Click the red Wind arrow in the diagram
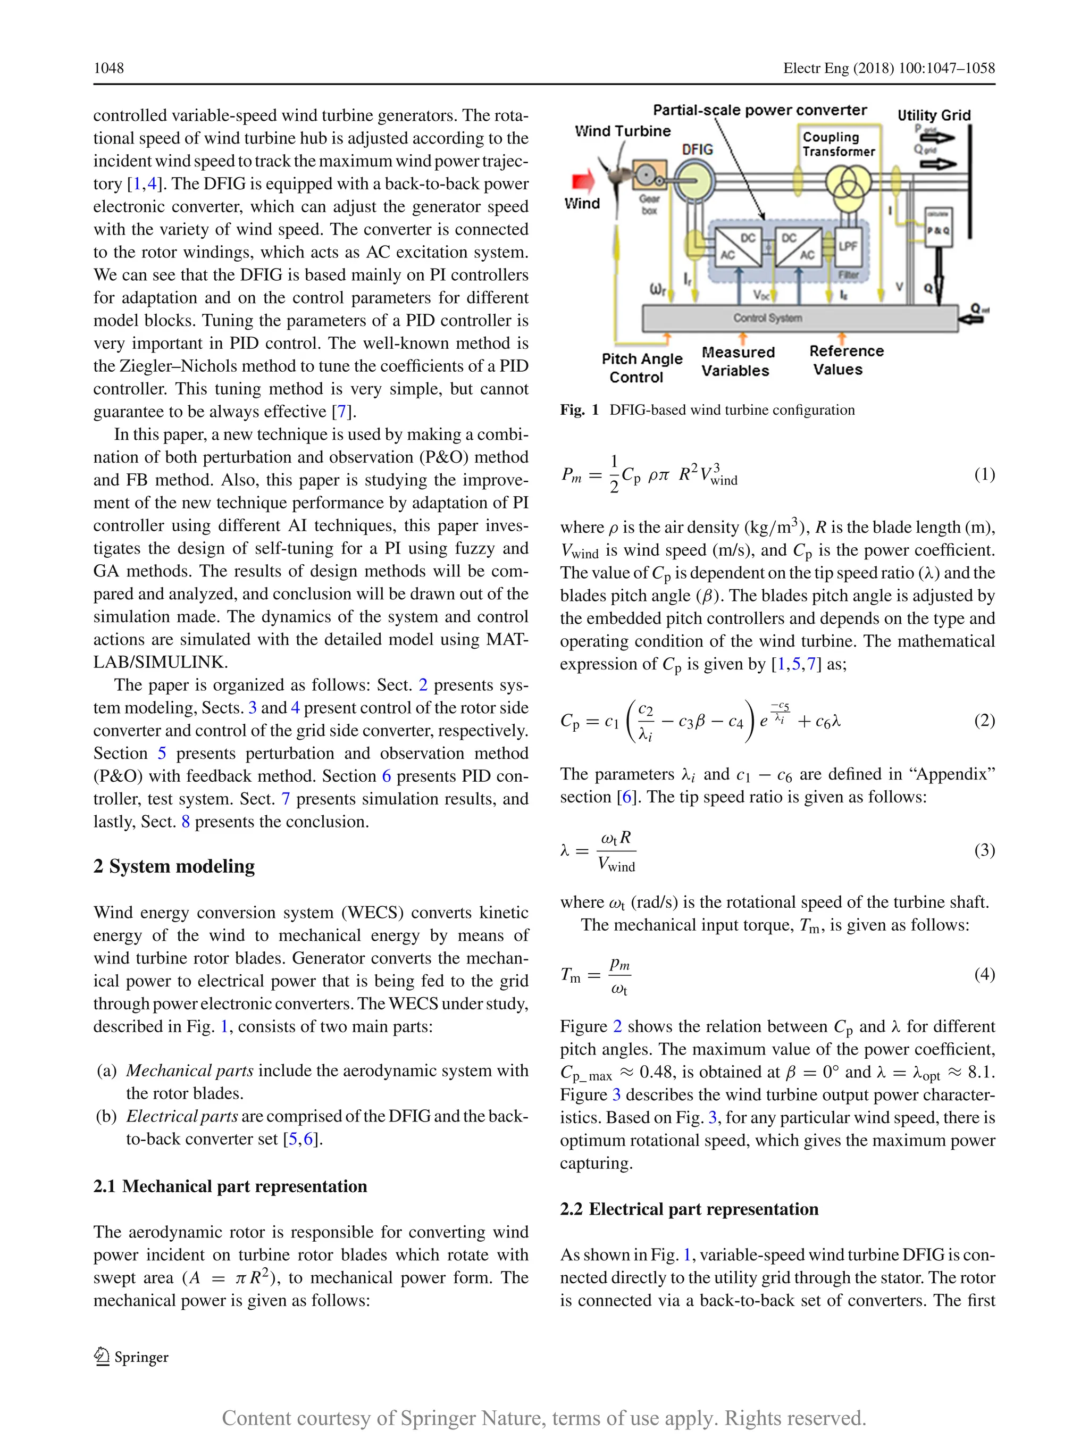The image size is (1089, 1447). [x=583, y=182]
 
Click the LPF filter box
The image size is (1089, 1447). [x=848, y=247]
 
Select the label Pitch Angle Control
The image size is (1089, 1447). [x=641, y=367]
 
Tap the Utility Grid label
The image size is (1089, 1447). [x=933, y=115]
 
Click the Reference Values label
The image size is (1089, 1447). [x=845, y=360]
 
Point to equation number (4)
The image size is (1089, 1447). [x=984, y=974]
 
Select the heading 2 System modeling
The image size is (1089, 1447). [x=174, y=866]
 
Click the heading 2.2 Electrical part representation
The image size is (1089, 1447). [x=689, y=1209]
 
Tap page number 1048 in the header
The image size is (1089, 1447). [x=108, y=68]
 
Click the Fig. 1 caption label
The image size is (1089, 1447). [x=580, y=410]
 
